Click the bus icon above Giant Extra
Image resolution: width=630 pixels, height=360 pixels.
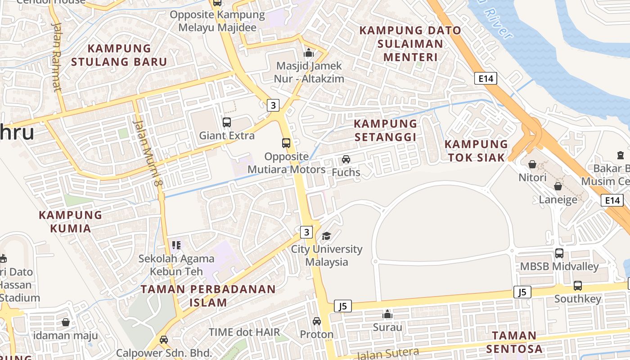[x=227, y=122]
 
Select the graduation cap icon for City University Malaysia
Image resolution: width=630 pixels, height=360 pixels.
[x=326, y=236]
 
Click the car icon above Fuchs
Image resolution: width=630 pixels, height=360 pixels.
[x=346, y=159]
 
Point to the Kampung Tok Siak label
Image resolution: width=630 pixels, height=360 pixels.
[x=477, y=151]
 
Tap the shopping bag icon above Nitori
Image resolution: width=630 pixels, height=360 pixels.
[x=532, y=164]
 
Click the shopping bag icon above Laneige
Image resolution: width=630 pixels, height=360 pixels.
[x=558, y=186]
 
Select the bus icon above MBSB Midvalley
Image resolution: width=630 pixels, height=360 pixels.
[x=559, y=253]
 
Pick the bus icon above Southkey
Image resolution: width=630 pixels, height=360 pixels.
[x=578, y=286]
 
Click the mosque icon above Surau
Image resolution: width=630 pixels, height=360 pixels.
[x=387, y=314]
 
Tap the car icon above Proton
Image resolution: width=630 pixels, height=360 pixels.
[x=317, y=321]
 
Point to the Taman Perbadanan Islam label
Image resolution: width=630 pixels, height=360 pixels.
[x=208, y=296]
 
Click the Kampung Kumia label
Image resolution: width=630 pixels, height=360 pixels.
[x=71, y=221]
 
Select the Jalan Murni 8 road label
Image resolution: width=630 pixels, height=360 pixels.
[x=148, y=153]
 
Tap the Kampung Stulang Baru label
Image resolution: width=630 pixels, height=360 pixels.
[x=119, y=55]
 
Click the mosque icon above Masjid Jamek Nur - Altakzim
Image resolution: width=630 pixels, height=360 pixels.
[x=309, y=53]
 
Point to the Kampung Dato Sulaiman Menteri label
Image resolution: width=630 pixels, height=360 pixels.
[x=410, y=44]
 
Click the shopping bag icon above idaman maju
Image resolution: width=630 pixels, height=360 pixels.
[x=66, y=322]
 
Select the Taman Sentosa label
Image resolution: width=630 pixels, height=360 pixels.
[x=514, y=342]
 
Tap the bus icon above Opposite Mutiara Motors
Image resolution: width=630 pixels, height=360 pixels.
[x=286, y=143]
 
